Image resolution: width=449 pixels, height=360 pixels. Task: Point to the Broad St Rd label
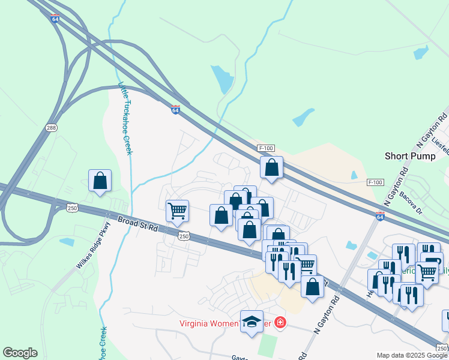(x=137, y=224)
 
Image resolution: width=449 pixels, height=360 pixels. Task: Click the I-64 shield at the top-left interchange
(x=55, y=19)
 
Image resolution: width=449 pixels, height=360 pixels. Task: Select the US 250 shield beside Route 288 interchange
(x=72, y=208)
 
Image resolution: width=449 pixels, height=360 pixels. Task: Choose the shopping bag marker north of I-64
(x=271, y=168)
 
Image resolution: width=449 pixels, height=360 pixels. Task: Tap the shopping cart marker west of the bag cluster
(x=177, y=211)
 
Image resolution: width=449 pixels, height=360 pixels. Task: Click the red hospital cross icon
(x=280, y=323)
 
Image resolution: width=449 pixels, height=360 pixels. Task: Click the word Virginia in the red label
(x=196, y=323)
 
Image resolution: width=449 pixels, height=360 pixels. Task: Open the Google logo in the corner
(x=20, y=353)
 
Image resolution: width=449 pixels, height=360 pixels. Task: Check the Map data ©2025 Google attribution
(x=412, y=355)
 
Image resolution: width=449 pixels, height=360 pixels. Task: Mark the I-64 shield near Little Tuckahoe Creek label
(x=175, y=110)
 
